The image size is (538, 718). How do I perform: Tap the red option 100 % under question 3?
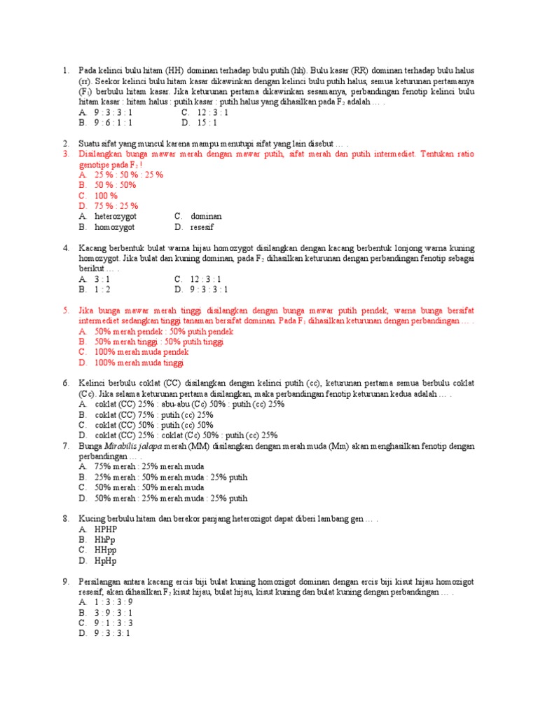click(106, 196)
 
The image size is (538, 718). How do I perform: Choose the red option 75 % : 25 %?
click(116, 206)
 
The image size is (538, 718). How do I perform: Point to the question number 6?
click(66, 383)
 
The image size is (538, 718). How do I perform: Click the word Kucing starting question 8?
click(91, 519)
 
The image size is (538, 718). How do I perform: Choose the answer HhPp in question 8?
click(106, 540)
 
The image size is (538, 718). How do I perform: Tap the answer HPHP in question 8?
click(106, 529)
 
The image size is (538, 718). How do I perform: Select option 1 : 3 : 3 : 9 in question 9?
click(114, 602)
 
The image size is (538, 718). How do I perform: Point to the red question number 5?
click(66, 310)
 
